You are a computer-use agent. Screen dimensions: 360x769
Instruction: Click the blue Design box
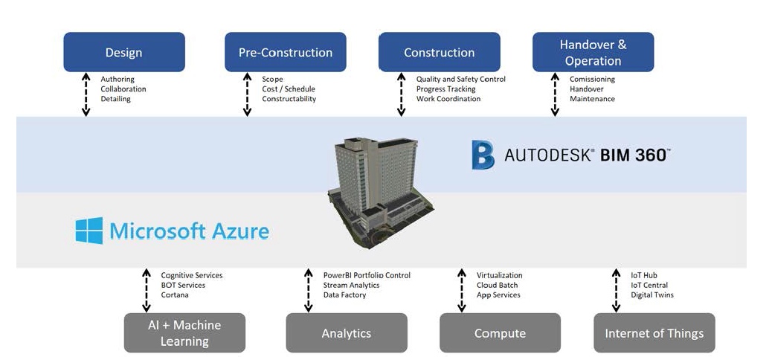123,52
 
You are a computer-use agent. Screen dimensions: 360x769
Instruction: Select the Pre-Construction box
285,52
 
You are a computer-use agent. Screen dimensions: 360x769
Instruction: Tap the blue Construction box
439,52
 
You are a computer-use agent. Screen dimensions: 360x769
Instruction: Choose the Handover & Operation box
593,52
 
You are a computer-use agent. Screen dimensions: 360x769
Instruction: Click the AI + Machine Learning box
184,332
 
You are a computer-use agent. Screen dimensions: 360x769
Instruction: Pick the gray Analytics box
346,332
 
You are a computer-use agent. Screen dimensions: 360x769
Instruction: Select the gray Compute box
500,332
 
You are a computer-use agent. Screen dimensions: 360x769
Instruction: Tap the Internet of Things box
654,332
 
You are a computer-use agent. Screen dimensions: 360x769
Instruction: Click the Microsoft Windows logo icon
89,231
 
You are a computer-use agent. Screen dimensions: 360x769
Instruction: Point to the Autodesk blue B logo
483,155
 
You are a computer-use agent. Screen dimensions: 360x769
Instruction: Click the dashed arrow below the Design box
86,94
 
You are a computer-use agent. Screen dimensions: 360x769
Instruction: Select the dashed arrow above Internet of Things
616,290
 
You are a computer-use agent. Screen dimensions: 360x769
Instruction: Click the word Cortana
175,295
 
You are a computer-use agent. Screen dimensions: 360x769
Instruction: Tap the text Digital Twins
651,295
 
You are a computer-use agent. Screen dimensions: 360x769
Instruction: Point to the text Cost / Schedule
289,89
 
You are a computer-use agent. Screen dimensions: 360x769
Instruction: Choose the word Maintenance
592,99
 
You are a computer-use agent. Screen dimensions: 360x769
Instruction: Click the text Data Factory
345,295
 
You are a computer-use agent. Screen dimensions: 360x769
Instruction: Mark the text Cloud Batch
497,286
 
